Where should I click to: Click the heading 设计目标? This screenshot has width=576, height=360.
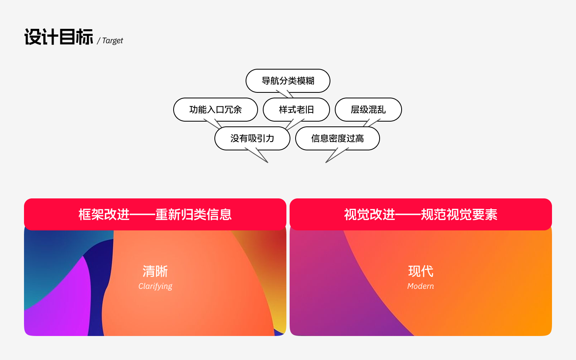coord(59,37)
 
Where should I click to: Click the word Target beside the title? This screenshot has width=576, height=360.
coord(113,41)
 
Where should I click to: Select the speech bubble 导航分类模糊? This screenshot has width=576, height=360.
coord(288,81)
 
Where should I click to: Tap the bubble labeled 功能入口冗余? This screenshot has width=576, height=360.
coord(216,110)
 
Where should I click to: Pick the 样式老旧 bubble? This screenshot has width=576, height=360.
coord(296,110)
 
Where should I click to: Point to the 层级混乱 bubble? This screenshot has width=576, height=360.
coord(368,110)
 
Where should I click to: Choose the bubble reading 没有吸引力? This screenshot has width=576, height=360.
coord(252,138)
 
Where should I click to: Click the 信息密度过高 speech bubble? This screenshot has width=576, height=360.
coord(337,138)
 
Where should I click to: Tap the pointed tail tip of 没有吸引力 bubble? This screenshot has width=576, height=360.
coord(268,162)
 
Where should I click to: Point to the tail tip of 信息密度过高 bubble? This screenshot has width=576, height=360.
coord(326,162)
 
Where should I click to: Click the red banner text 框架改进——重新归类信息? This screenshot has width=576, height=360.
coord(155,214)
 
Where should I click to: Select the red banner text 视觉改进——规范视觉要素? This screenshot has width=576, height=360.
coord(421,214)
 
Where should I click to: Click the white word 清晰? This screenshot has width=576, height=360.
coord(155,271)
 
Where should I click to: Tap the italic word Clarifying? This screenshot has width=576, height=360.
coord(155,286)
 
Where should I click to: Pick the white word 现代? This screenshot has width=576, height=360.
coord(421,271)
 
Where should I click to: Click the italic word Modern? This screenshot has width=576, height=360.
coord(421,286)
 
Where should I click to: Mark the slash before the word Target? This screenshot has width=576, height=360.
coord(98,41)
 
